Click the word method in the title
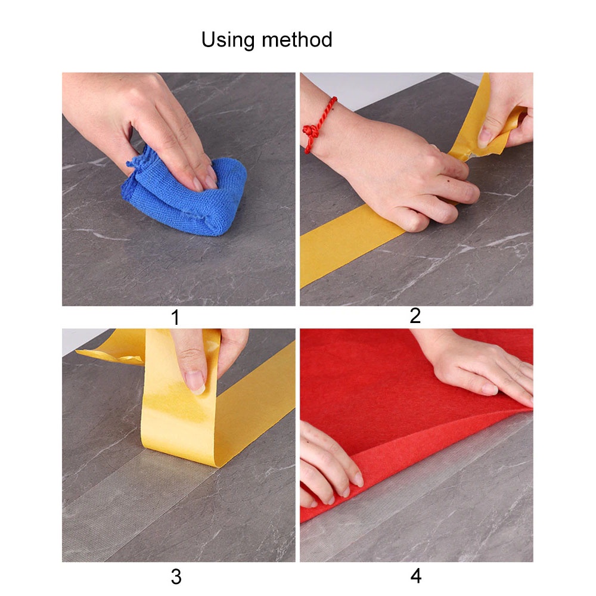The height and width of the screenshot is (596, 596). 297,39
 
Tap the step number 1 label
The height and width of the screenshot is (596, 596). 175,318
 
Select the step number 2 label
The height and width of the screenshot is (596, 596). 415,316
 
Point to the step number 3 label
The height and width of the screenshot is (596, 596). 176,577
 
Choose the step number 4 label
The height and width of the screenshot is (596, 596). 416,576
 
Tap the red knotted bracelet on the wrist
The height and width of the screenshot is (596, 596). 318,125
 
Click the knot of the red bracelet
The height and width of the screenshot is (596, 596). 311,131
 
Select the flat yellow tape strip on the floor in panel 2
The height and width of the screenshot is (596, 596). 350,243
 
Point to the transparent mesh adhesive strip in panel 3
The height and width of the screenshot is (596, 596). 137,502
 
